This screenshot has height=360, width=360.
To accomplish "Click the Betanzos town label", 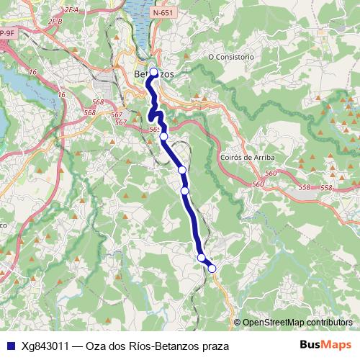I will point(154,74).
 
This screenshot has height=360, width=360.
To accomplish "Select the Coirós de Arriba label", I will point(246,158).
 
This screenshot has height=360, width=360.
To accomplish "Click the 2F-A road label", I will point(71,9).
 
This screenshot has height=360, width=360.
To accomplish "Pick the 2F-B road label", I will point(55,22).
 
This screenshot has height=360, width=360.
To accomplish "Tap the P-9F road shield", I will point(7,32).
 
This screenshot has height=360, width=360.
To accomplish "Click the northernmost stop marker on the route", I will point(153,71).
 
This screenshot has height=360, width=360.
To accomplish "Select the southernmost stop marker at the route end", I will point(212,269).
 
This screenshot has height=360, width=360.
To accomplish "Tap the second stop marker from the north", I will point(163,136).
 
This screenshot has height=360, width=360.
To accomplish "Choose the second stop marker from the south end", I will point(202,258).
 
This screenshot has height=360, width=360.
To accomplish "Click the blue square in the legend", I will point(9,346).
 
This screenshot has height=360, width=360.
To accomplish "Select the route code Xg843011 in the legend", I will point(45,346).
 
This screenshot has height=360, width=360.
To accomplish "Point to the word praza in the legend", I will point(213,346).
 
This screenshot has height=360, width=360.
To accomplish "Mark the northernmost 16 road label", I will point(33,72).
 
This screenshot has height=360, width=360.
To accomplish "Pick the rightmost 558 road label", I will point(326,188).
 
